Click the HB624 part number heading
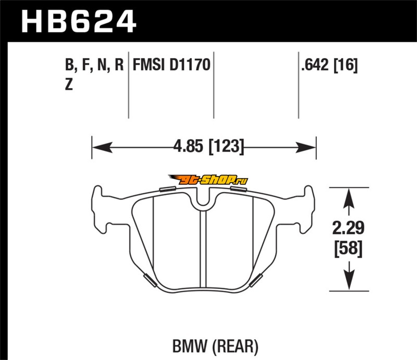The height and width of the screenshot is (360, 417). tap(79, 21)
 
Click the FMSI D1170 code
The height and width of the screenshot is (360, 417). tap(171, 65)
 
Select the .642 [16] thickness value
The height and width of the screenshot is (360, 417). tap(329, 65)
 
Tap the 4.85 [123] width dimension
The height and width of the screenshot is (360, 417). tap(208, 146)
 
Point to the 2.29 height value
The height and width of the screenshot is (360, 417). tap(348, 228)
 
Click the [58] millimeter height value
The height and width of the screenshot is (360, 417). tap(348, 249)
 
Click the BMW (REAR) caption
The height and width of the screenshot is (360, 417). tap(215, 346)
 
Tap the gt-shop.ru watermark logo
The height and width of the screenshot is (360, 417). tap(208, 180)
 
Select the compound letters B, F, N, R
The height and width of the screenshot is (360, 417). tap(94, 65)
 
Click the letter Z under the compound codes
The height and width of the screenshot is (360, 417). tap(69, 84)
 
